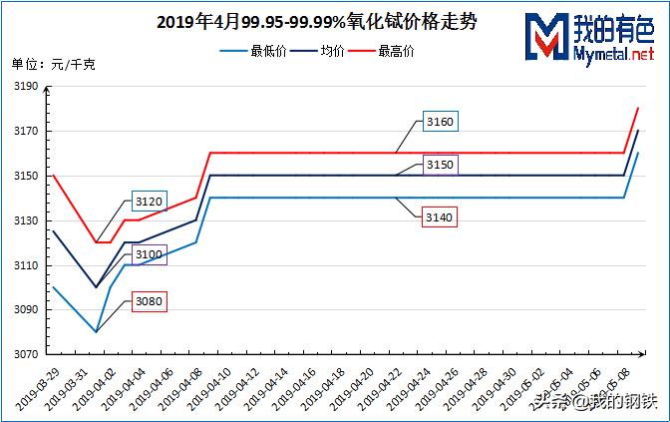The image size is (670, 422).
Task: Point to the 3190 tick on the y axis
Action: [x=27, y=87]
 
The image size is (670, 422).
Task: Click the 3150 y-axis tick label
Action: [x=27, y=176]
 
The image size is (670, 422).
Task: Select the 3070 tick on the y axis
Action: [x=27, y=354]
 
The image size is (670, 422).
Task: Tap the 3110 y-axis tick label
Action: [x=27, y=265]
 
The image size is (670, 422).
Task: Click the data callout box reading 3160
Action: [x=439, y=123]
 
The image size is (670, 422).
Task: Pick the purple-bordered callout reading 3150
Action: [x=439, y=164]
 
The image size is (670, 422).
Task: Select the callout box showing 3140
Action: [x=439, y=216]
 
